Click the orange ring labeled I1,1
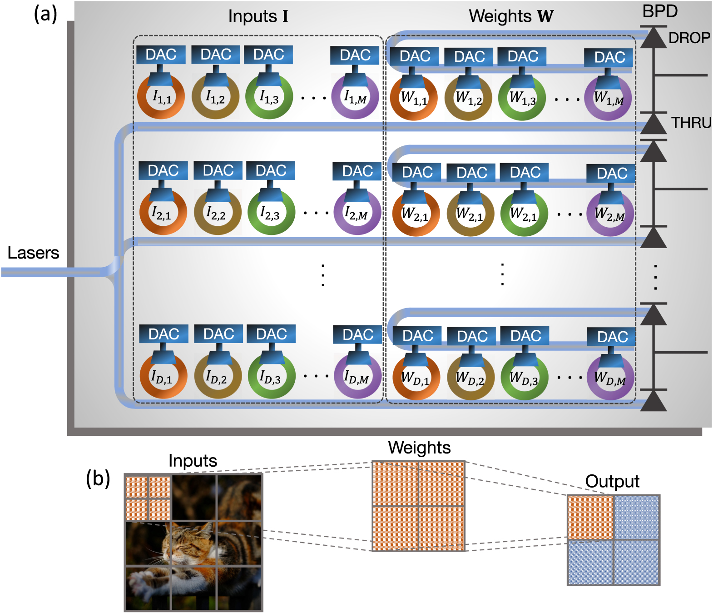pyautogui.click(x=161, y=97)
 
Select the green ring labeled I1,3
pyautogui.click(x=269, y=97)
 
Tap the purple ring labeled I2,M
pyautogui.click(x=357, y=213)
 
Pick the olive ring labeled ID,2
pyautogui.click(x=218, y=377)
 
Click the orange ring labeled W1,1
pyautogui.click(x=413, y=98)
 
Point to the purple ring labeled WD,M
pyautogui.click(x=610, y=378)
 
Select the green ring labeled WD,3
pyautogui.click(x=524, y=378)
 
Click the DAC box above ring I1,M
pyautogui.click(x=355, y=55)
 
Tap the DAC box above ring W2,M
pyautogui.click(x=611, y=174)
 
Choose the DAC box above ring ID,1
pyautogui.click(x=163, y=334)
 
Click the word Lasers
pyautogui.click(x=33, y=253)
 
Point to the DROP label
pyautogui.click(x=689, y=38)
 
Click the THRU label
pyautogui.click(x=691, y=123)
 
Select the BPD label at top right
pyautogui.click(x=659, y=11)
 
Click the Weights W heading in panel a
pyautogui.click(x=511, y=16)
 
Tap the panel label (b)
pyautogui.click(x=98, y=478)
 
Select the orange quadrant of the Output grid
pyautogui.click(x=590, y=517)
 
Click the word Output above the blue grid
pyautogui.click(x=612, y=481)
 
